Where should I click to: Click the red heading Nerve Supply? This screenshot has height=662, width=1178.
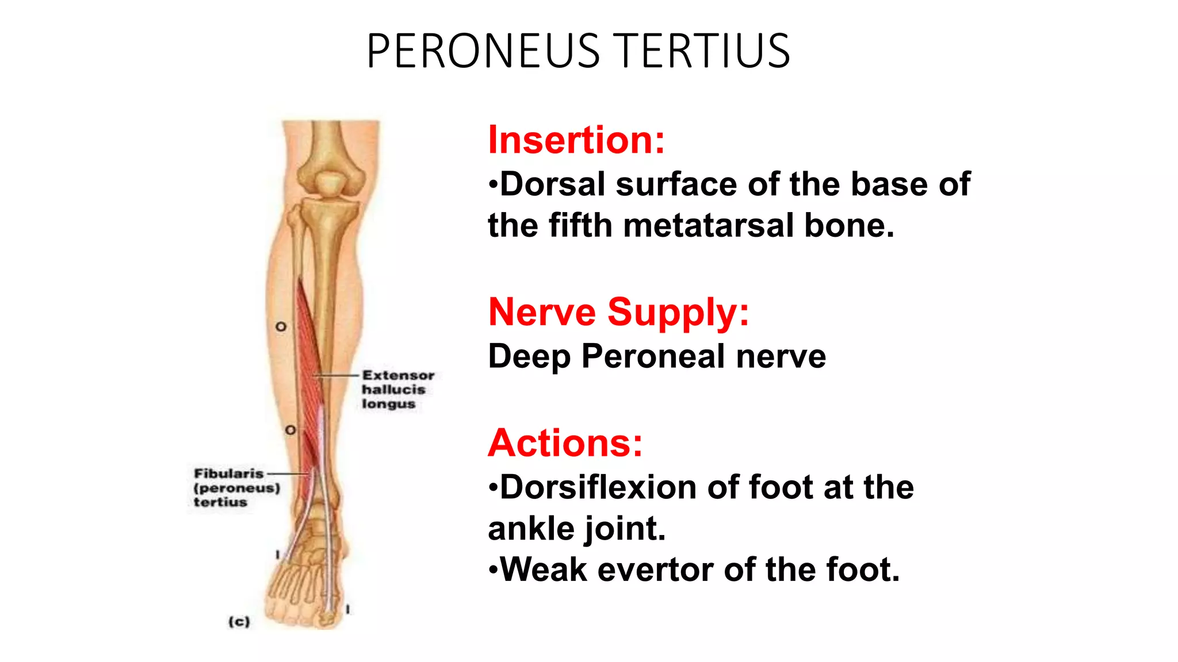coord(619,312)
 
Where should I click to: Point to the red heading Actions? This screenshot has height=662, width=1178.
coord(565,443)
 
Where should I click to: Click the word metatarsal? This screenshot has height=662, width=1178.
coord(709,225)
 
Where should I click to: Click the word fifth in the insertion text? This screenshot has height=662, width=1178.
coord(580,225)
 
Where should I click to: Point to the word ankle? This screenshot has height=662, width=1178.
coord(530,529)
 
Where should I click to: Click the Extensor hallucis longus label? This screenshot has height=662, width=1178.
coord(397,389)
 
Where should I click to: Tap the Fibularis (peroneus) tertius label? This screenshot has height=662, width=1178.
coord(236,488)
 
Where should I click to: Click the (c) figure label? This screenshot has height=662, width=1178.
coord(239,621)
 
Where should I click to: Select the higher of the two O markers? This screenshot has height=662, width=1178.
coord(281,326)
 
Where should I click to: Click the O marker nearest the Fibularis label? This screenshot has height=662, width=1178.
coord(290,430)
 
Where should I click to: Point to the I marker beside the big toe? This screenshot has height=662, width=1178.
coord(347,609)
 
